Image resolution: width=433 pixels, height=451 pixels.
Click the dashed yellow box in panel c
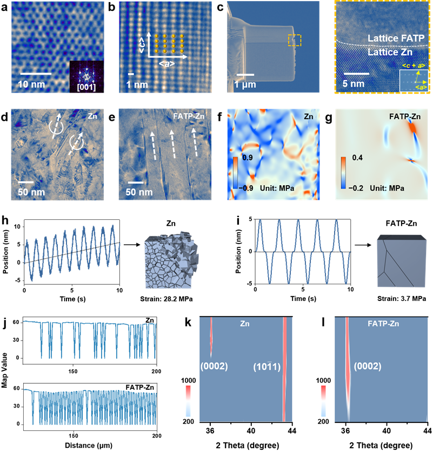tap(294, 41)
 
